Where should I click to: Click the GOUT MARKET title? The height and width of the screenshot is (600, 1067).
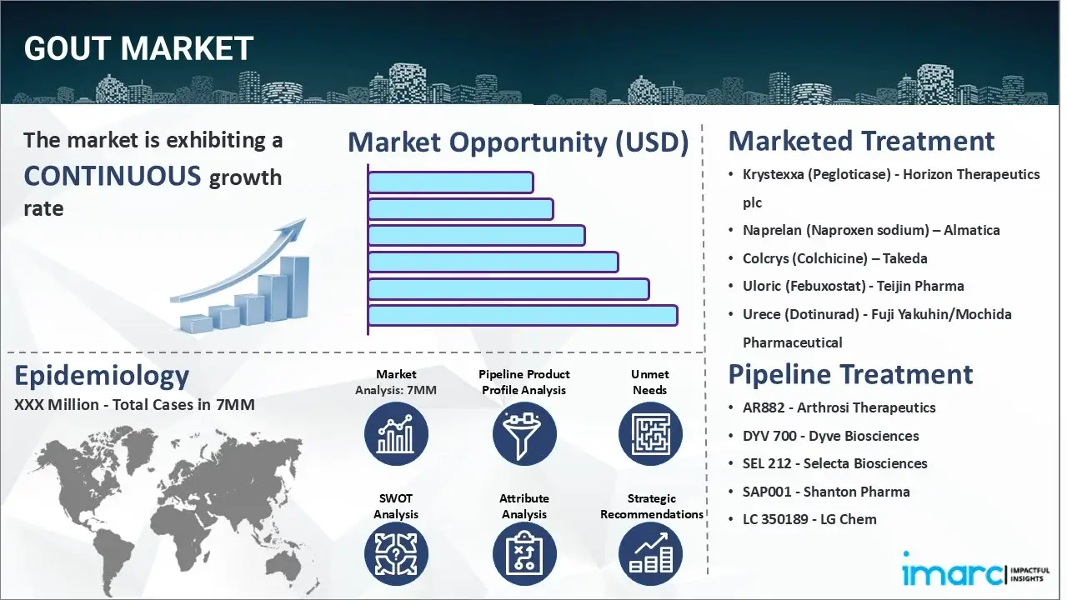[138, 49]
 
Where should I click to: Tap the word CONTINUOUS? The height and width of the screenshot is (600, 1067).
[113, 176]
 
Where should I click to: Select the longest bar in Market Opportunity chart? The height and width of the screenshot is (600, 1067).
[522, 316]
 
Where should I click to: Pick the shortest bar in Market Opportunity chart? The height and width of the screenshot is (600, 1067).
[450, 182]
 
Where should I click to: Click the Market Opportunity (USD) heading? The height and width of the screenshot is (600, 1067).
[518, 142]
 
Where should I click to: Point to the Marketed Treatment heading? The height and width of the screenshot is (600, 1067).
[861, 141]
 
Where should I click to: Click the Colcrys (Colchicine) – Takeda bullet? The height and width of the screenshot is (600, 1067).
[834, 258]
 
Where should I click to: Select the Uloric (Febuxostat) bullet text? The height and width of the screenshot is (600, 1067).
[853, 286]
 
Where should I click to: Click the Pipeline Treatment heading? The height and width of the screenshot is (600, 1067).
[850, 374]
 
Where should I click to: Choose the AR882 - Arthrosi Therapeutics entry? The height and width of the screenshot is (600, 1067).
[839, 407]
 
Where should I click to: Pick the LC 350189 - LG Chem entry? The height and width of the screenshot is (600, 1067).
[809, 519]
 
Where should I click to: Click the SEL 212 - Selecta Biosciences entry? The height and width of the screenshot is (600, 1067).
[834, 463]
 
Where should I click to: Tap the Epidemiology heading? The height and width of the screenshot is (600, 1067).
[102, 376]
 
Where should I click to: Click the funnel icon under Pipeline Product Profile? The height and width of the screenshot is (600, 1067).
[524, 433]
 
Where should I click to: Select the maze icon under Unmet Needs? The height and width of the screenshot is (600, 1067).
[649, 433]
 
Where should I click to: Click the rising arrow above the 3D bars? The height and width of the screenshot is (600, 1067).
[242, 259]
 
